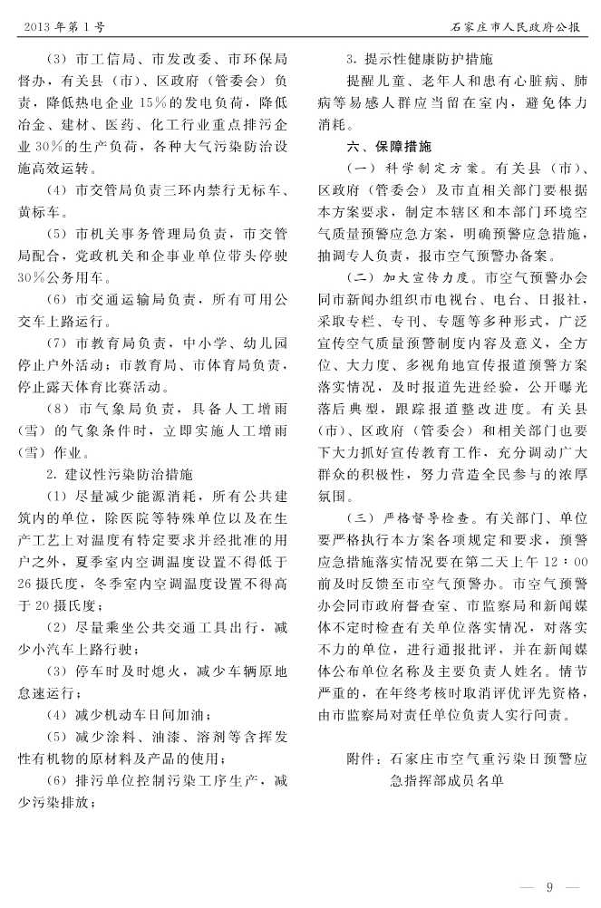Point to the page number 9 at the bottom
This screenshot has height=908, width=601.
point(549,885)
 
